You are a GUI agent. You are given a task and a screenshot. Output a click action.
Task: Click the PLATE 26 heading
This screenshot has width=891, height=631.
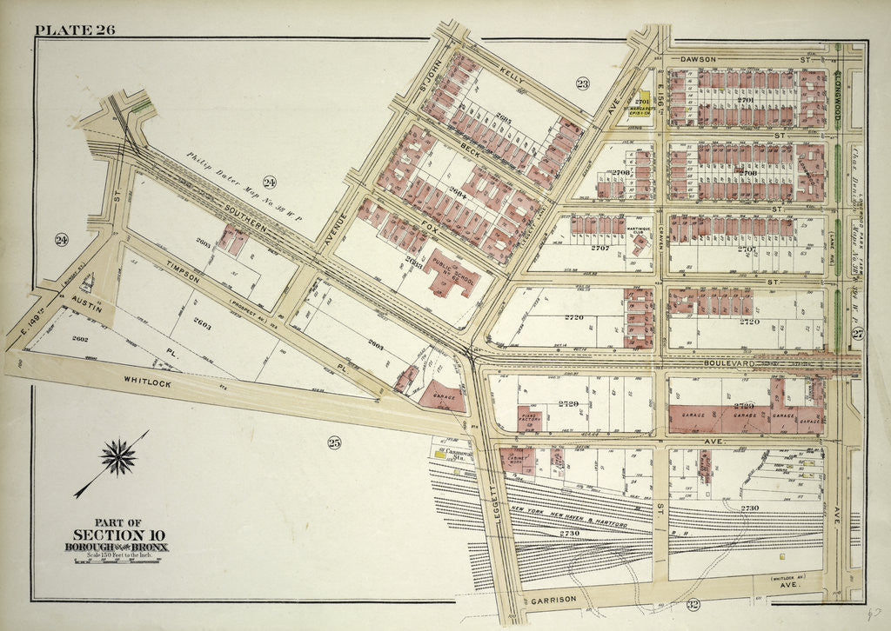74,30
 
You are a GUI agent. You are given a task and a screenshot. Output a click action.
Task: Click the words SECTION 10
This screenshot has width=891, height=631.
118,535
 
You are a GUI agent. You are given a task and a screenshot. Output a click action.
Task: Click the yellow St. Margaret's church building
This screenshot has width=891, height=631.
645,103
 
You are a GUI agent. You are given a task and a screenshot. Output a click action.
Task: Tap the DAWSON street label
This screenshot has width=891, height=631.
698,59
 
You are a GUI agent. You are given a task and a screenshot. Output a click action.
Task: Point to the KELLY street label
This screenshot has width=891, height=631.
512,77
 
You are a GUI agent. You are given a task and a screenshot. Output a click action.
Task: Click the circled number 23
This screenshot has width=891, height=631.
581,83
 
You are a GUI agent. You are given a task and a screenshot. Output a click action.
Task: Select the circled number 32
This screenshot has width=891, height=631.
693,605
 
